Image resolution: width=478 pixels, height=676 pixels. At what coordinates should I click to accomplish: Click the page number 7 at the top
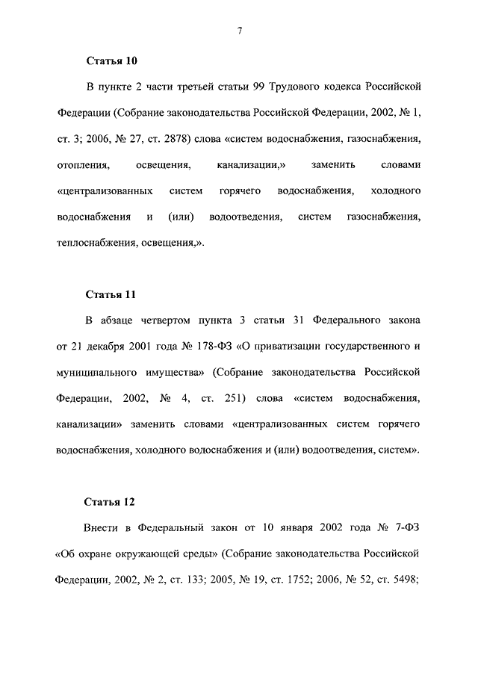pyautogui.click(x=239, y=29)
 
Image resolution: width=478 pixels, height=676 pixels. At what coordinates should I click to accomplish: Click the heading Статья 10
pyautogui.click(x=112, y=61)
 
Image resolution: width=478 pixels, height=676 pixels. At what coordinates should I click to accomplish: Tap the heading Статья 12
pyautogui.click(x=112, y=501)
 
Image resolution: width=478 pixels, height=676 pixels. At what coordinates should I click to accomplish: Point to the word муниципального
pyautogui.click(x=95, y=371)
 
